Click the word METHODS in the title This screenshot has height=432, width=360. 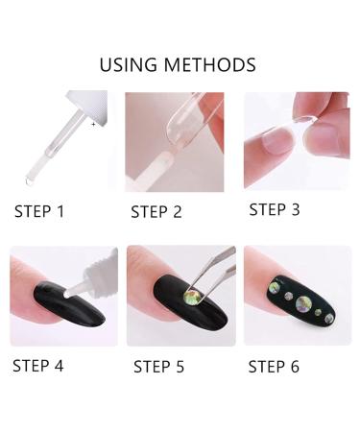pos(210,65)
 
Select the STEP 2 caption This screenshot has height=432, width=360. pos(156,212)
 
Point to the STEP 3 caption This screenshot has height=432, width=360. pos(280,209)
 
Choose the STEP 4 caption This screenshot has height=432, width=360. pos(37,365)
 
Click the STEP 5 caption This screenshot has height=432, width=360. pos(158,366)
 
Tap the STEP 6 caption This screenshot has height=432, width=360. pos(280,366)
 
